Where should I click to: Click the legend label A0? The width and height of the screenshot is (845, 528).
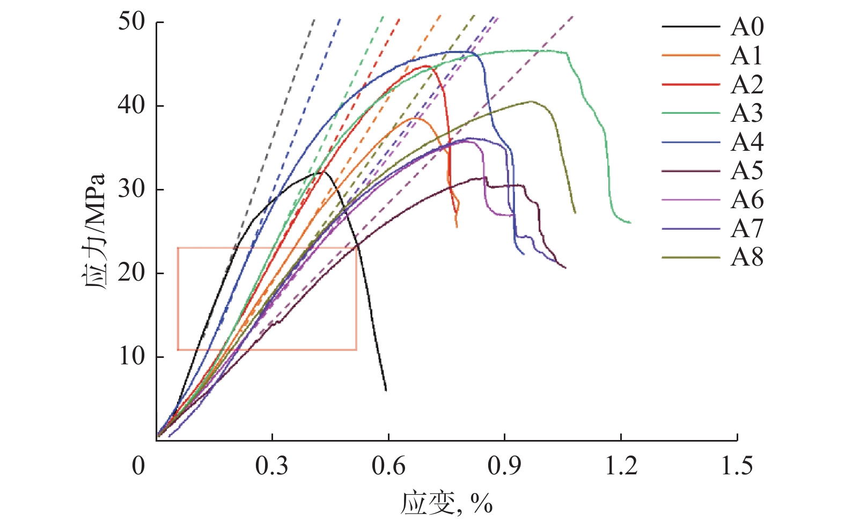click(x=747, y=27)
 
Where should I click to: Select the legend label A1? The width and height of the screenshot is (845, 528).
click(x=747, y=56)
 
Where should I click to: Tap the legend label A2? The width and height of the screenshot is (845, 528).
click(x=747, y=85)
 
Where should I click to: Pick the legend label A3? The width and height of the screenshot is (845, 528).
click(x=747, y=113)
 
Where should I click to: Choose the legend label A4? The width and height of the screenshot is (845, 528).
click(x=747, y=142)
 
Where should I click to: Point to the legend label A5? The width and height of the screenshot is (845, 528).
click(x=747, y=171)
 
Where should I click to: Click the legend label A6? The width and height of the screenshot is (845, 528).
click(x=747, y=200)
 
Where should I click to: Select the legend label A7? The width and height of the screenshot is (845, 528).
click(x=747, y=229)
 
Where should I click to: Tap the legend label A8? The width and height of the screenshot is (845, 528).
click(x=747, y=258)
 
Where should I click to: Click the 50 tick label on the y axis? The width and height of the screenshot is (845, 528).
click(x=131, y=22)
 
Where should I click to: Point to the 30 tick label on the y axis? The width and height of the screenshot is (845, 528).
click(x=131, y=189)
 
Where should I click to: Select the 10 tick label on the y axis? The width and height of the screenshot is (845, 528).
click(x=131, y=356)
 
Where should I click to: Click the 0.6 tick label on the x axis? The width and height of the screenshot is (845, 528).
click(x=388, y=466)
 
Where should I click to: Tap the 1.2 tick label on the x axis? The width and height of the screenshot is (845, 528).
click(x=621, y=466)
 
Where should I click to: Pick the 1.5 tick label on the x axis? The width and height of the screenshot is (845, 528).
click(x=737, y=466)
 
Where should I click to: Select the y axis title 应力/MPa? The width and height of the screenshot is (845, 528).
click(x=95, y=231)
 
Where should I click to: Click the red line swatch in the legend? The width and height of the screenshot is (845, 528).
click(x=690, y=85)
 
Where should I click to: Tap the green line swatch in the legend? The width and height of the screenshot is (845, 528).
click(x=690, y=113)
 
